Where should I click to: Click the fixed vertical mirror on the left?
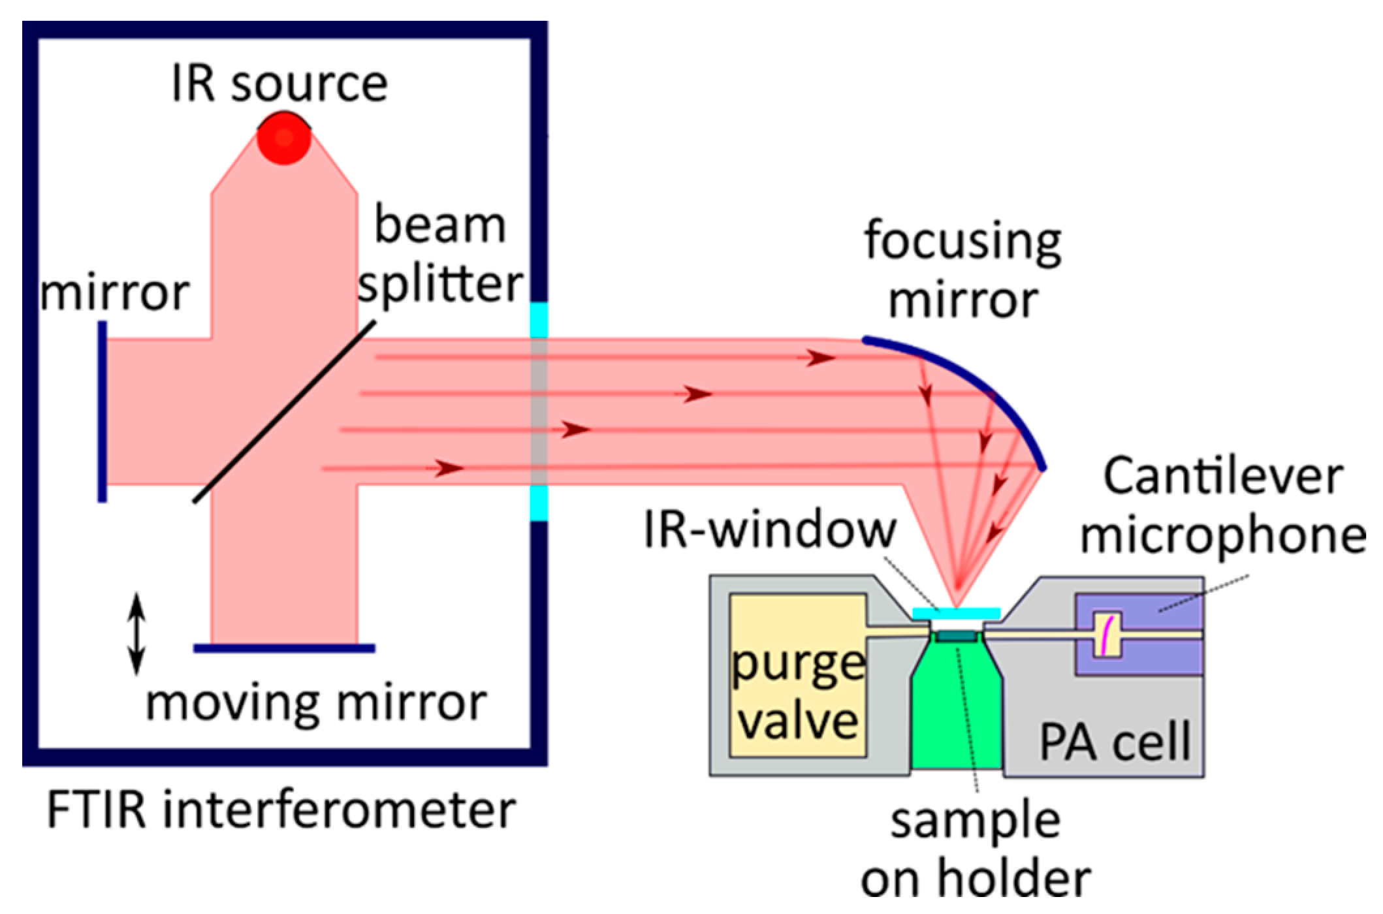103,411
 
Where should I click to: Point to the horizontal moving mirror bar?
285,648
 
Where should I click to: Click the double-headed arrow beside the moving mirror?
136,633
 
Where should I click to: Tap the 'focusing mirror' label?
962,270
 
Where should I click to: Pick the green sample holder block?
956,718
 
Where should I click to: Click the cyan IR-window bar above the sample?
956,613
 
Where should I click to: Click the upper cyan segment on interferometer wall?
539,320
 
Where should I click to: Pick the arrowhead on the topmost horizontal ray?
820,358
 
